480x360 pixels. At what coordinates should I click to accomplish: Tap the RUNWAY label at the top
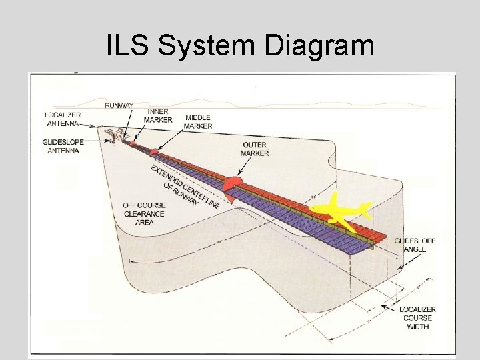(119, 105)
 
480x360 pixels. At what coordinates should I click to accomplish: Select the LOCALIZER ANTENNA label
(61, 119)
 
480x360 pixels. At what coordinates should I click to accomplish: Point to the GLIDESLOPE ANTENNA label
(61, 146)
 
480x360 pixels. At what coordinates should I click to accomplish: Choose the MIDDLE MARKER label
(199, 121)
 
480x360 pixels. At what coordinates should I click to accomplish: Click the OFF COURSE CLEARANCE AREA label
(139, 213)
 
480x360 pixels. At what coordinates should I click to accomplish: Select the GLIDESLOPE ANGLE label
(415, 245)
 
